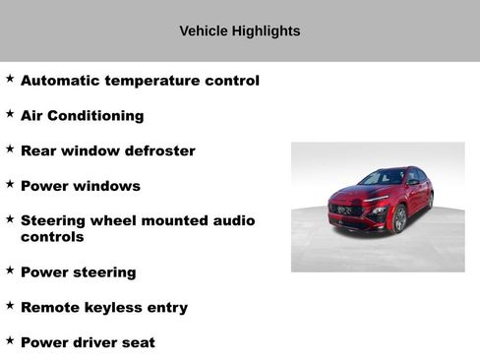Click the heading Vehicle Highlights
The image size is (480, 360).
tap(239, 31)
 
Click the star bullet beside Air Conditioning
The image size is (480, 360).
tap(10, 114)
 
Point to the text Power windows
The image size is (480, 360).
tap(80, 186)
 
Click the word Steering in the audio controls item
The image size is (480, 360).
tap(53, 220)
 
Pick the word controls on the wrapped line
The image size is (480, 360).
tap(52, 237)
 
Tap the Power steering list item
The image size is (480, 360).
tap(78, 272)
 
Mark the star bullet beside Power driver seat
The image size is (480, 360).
tap(10, 340)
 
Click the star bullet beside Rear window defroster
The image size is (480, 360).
tap(10, 150)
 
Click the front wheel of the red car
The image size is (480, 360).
tap(399, 218)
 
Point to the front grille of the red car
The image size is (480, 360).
tap(345, 210)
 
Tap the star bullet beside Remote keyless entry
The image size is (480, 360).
tap(10, 306)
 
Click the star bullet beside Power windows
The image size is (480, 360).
tap(10, 184)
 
